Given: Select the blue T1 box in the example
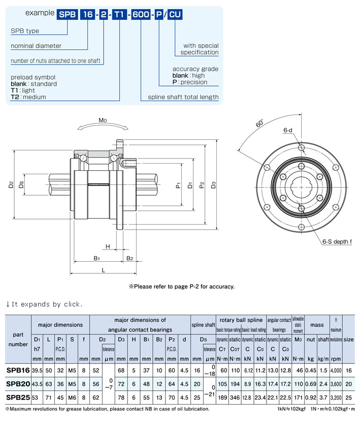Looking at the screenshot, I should [x=118, y=15].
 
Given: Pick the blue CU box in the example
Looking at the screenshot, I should [x=175, y=15].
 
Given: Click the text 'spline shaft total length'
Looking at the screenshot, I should [x=183, y=97].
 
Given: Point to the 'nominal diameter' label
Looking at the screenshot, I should [x=36, y=46].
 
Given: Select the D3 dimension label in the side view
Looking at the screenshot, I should [x=214, y=186].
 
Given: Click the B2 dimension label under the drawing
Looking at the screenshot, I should [x=129, y=258].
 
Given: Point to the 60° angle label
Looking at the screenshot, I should [x=259, y=124].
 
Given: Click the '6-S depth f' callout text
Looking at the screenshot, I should [x=337, y=241].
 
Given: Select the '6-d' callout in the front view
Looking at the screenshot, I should [x=287, y=130].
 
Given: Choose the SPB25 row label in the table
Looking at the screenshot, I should [x=18, y=396].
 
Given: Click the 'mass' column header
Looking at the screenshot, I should [x=317, y=324].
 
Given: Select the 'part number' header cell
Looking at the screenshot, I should [x=18, y=339].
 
